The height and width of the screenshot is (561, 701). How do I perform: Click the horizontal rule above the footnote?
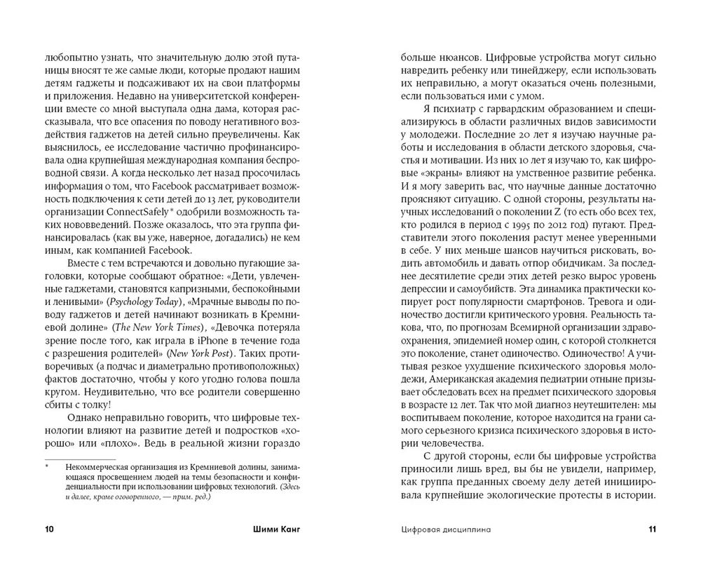point(79,458)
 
